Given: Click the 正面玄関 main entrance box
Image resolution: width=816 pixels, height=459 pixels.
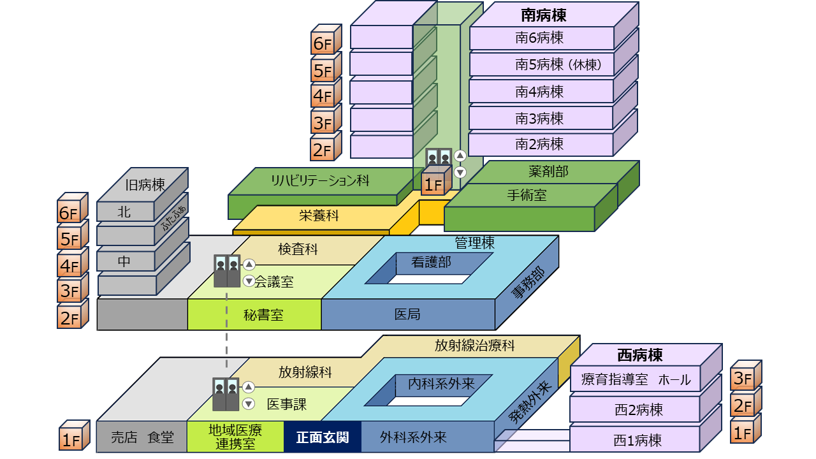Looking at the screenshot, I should pyautogui.click(x=322, y=437).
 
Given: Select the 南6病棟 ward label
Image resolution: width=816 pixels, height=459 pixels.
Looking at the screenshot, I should pyautogui.click(x=539, y=38).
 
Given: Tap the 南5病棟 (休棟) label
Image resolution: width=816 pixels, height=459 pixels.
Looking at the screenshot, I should pyautogui.click(x=558, y=64).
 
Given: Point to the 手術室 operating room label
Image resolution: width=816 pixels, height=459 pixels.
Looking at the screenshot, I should pyautogui.click(x=527, y=195).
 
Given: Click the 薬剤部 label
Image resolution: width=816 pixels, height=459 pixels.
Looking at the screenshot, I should pyautogui.click(x=548, y=171).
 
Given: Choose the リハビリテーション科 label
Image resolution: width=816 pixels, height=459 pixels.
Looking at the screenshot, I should pyautogui.click(x=320, y=180).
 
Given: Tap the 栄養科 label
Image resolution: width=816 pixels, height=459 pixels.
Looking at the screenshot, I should pyautogui.click(x=319, y=215).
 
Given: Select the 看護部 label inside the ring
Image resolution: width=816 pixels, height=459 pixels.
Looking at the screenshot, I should pyautogui.click(x=431, y=261).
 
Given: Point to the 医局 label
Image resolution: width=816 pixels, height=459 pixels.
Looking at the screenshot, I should pyautogui.click(x=407, y=314).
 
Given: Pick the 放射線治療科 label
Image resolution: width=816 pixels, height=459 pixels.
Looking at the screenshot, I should pyautogui.click(x=475, y=346).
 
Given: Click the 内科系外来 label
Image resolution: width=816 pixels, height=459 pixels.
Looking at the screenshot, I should pyautogui.click(x=442, y=384).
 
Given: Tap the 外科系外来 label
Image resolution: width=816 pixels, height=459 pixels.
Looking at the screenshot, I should pyautogui.click(x=413, y=437).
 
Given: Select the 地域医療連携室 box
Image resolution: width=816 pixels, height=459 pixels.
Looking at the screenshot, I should pyautogui.click(x=235, y=437).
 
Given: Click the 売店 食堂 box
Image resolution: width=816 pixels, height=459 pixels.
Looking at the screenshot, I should pyautogui.click(x=142, y=437).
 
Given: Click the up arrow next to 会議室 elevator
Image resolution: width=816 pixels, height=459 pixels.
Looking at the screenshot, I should pyautogui.click(x=249, y=265).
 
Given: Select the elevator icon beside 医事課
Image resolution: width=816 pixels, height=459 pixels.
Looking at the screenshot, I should pyautogui.click(x=226, y=395).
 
